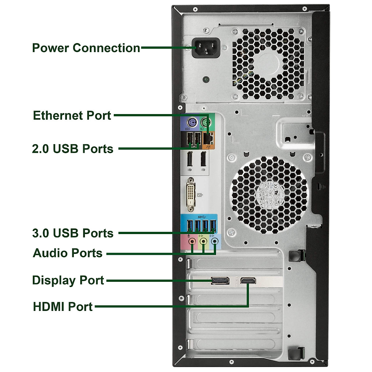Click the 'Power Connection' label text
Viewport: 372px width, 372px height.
[x=86, y=48]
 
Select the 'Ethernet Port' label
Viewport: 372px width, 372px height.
[x=72, y=115]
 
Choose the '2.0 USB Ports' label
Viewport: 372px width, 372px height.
[x=73, y=148]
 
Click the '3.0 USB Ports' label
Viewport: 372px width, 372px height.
[x=73, y=233]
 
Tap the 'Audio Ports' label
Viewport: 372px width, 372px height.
[x=68, y=253]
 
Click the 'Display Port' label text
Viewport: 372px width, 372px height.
[x=68, y=280]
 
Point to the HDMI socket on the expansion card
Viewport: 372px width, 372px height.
[x=248, y=281]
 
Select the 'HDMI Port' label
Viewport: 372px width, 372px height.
[x=63, y=307]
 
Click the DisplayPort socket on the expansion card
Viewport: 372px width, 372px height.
[x=220, y=281]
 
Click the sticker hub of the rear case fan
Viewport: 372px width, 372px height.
[x=269, y=195]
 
